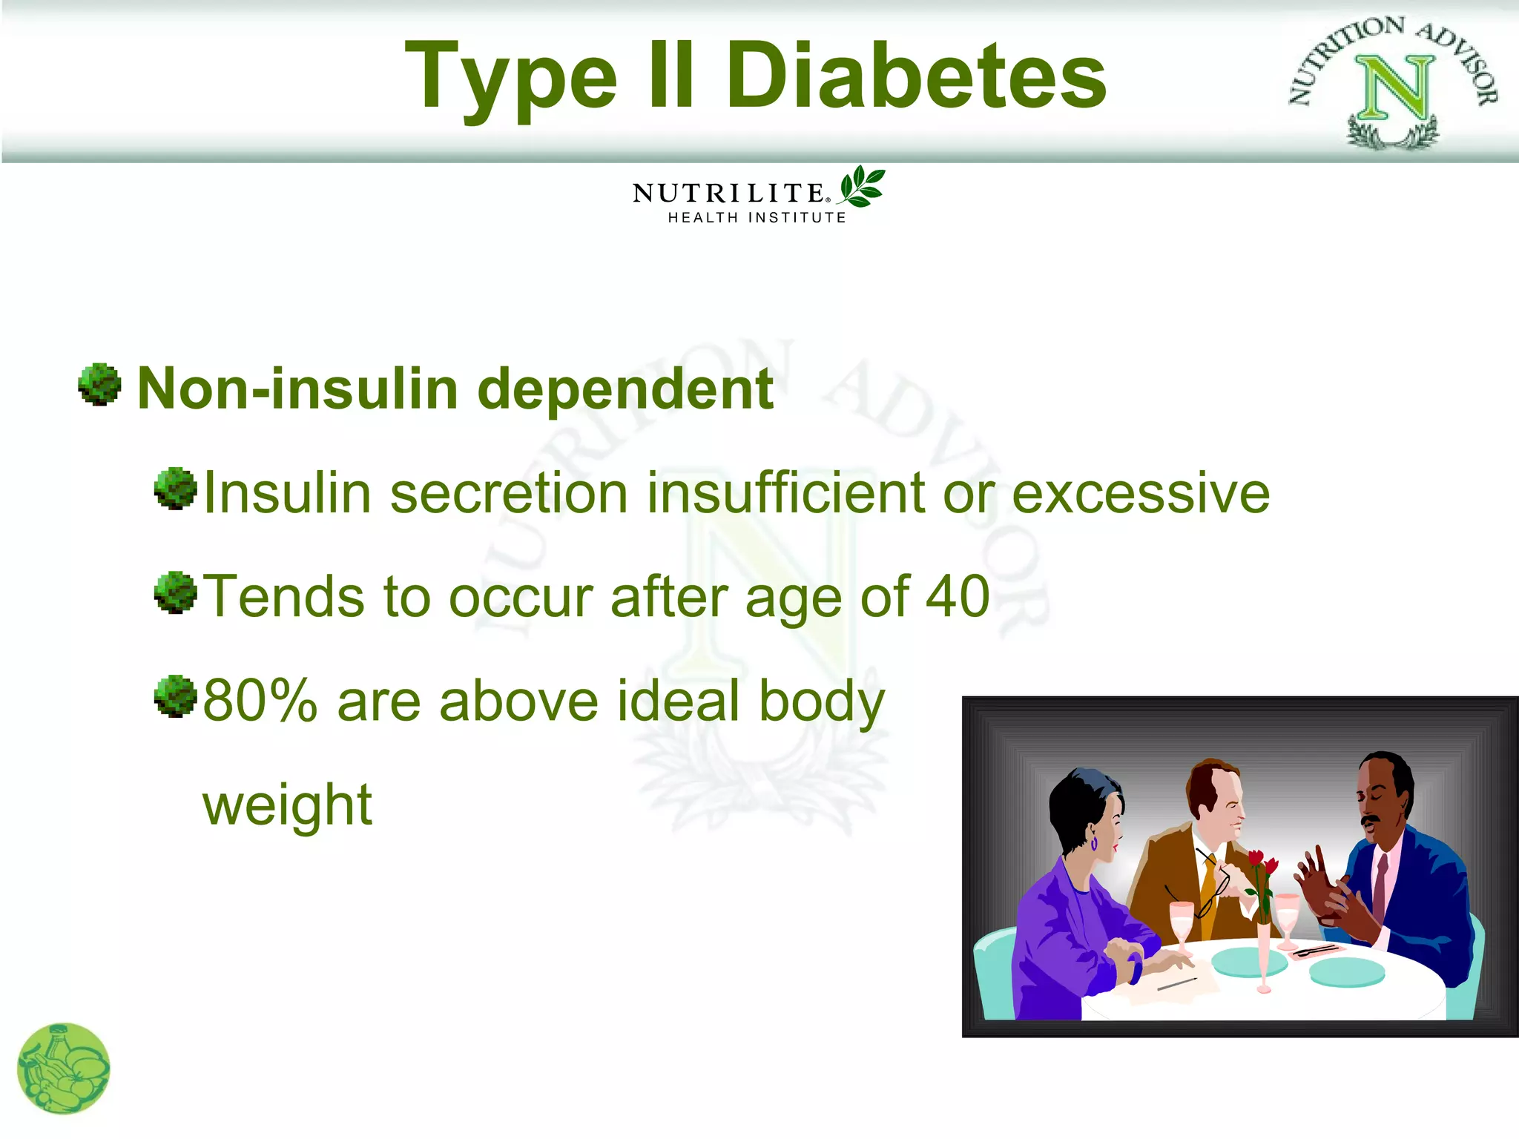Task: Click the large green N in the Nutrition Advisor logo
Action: pyautogui.click(x=1395, y=88)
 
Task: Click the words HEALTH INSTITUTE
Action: pyautogui.click(x=757, y=218)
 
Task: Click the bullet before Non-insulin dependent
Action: pyautogui.click(x=99, y=385)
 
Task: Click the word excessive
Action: pyautogui.click(x=1141, y=493)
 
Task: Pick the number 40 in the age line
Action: pyautogui.click(x=958, y=596)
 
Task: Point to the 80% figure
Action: pyautogui.click(x=260, y=701)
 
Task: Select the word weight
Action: pyautogui.click(x=287, y=805)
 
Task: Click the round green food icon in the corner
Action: pyautogui.click(x=64, y=1069)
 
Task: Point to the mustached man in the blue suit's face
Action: pyautogui.click(x=1377, y=804)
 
